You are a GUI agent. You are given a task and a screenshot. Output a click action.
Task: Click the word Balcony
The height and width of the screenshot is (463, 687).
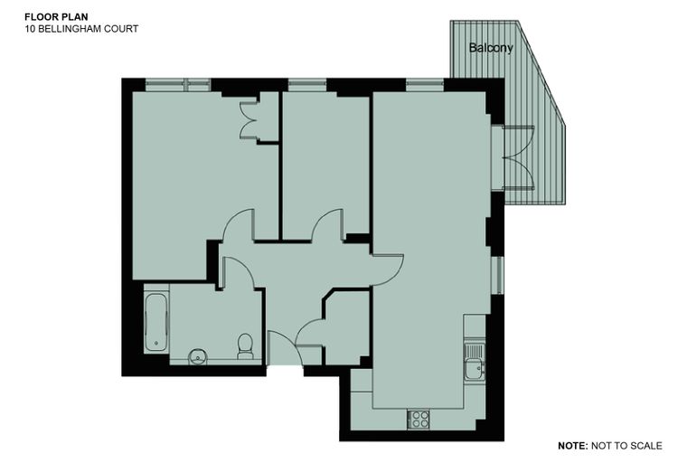click(491, 47)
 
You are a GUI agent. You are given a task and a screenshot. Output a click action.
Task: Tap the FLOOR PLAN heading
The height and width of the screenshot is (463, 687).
click(56, 17)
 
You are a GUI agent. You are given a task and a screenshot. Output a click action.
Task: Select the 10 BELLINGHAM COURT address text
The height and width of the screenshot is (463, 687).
click(81, 29)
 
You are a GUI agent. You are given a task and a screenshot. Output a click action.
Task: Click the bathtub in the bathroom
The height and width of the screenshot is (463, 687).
click(155, 322)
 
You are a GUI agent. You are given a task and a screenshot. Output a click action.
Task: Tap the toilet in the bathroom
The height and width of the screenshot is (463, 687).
click(245, 346)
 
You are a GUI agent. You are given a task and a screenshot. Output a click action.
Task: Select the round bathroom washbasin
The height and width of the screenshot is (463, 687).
click(198, 356)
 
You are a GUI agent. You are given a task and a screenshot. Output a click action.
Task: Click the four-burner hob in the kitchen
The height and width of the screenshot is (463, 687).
click(419, 419)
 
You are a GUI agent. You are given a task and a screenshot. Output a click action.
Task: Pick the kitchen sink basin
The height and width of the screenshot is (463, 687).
click(474, 368)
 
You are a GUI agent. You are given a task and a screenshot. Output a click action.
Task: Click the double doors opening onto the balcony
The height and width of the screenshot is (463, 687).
click(520, 158)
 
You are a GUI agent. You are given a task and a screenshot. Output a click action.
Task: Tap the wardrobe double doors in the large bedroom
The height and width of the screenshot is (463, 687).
click(248, 119)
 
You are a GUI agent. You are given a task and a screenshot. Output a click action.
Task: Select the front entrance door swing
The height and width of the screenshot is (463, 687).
click(285, 348)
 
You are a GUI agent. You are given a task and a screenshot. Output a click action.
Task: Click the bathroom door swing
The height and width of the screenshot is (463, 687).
click(239, 273)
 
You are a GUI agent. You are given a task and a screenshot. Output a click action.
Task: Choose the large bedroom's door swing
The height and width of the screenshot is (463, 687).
click(239, 224)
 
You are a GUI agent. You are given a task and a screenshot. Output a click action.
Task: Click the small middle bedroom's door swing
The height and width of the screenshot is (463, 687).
click(327, 224)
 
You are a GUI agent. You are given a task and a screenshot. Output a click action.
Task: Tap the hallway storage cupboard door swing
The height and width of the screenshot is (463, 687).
click(309, 333)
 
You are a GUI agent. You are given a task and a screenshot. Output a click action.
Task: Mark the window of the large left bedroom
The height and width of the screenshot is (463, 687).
click(178, 85)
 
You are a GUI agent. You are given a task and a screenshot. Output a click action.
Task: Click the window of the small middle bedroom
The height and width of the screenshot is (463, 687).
click(307, 85)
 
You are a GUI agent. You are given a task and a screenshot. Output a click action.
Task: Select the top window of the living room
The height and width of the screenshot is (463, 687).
click(425, 85)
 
